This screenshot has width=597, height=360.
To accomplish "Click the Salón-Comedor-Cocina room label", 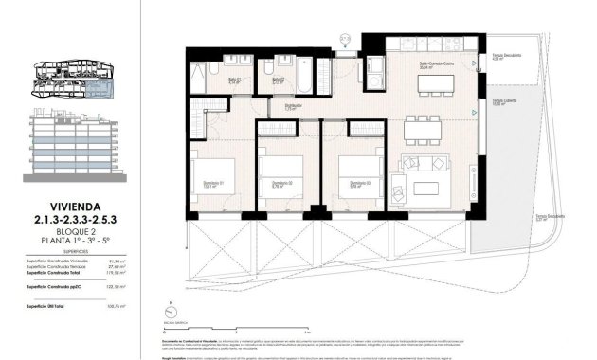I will click(438, 65).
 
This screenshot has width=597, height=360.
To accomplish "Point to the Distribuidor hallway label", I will click(294, 106).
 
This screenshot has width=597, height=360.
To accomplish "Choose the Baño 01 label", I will click(235, 80).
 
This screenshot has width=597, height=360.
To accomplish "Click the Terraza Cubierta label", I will click(503, 102).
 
